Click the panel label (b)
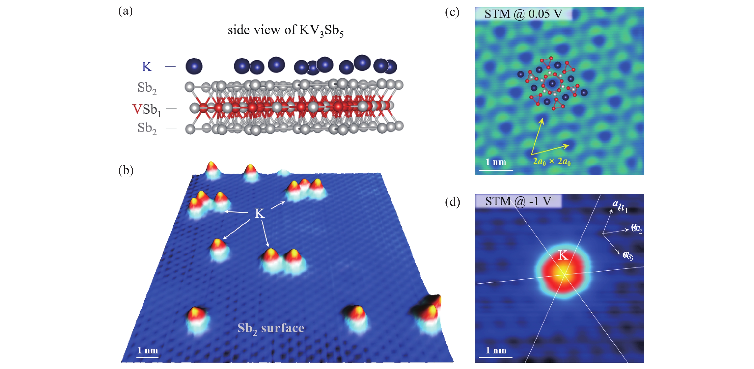[126, 170]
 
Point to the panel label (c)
[452, 12]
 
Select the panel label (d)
[452, 202]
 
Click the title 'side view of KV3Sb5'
[285, 30]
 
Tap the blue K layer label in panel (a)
[147, 67]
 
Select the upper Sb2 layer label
[147, 88]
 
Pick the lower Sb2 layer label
[147, 128]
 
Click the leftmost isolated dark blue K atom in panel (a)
[194, 66]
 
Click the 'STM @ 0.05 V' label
[523, 14]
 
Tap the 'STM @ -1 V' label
[518, 201]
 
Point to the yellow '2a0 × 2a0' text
[551, 161]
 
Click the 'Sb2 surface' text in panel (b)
[271, 329]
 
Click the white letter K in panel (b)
[259, 214]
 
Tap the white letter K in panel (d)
[563, 255]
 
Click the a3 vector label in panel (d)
[628, 255]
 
